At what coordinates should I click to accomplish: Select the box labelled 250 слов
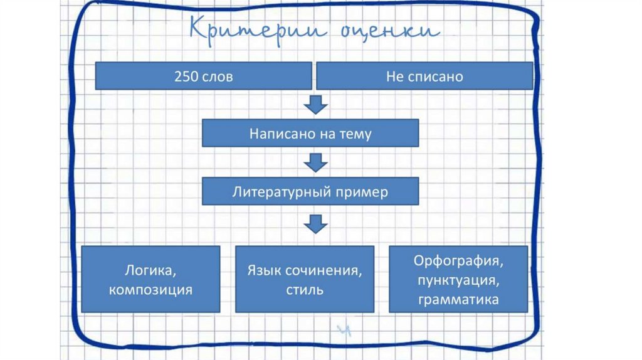click(203, 77)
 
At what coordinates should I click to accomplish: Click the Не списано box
click(424, 77)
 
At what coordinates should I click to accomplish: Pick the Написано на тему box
click(310, 134)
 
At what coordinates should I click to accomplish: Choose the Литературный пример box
click(310, 191)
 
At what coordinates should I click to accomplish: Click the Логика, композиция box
click(150, 279)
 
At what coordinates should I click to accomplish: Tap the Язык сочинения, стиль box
click(305, 279)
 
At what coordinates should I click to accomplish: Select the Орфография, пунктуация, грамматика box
click(459, 279)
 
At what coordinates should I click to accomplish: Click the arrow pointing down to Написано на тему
click(316, 104)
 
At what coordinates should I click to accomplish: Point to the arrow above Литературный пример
click(316, 163)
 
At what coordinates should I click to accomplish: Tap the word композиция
click(150, 290)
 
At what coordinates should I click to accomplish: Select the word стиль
click(305, 290)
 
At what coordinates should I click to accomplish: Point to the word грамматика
click(459, 300)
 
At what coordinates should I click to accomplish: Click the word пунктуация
click(459, 280)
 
